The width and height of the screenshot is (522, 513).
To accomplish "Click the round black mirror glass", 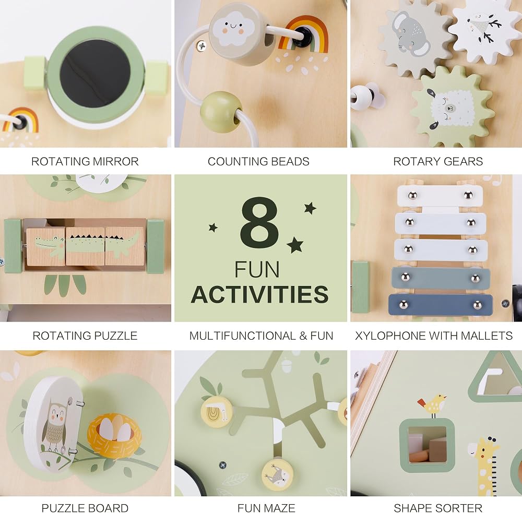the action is coord(95,74).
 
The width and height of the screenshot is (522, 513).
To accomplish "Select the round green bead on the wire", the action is coord(221,112).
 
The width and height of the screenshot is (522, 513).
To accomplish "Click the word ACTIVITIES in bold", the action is coord(260,294).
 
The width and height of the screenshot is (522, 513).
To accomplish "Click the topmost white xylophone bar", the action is coord(440,196).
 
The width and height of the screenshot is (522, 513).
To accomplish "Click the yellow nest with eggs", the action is coord(114,431).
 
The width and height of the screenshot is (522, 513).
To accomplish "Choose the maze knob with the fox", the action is coord(277,474).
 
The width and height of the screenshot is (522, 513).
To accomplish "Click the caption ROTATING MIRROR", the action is coord(85,161).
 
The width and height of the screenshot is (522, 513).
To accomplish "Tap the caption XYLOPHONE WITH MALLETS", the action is coord(434,336).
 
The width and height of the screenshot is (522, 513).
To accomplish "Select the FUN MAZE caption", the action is coord(266,508).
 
